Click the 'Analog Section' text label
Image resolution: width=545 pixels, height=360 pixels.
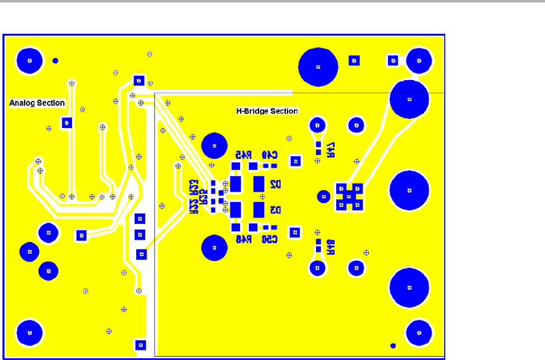pyautogui.click(x=37, y=103)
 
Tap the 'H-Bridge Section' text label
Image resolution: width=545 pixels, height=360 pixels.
pyautogui.click(x=267, y=111)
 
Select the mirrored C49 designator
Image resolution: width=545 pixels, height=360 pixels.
pyautogui.click(x=270, y=154)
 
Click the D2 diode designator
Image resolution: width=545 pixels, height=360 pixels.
pyautogui.click(x=275, y=184)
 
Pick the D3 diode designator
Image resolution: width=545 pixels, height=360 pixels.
pyautogui.click(x=275, y=210)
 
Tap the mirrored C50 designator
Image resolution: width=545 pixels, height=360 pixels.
pyautogui.click(x=270, y=239)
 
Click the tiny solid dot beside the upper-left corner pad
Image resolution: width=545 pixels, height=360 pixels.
pyautogui.click(x=55, y=60)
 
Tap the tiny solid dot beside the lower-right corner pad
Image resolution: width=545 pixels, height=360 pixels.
pyautogui.click(x=393, y=345)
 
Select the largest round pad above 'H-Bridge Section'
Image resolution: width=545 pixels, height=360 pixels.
pyautogui.click(x=318, y=66)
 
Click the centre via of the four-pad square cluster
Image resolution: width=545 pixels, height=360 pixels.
pyautogui.click(x=349, y=196)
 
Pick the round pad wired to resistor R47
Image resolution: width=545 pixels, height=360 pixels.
pyautogui.click(x=318, y=124)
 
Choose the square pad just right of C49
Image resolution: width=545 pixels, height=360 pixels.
pyautogui.click(x=296, y=161)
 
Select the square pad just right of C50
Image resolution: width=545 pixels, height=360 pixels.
pyautogui.click(x=295, y=233)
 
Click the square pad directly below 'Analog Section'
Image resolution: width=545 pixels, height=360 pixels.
pyautogui.click(x=66, y=123)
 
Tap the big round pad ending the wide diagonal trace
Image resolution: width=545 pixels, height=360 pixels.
pyautogui.click(x=410, y=98)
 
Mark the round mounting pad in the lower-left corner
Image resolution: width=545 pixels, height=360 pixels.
pyautogui.click(x=29, y=332)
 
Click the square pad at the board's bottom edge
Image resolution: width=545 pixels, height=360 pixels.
pyautogui.click(x=140, y=345)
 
